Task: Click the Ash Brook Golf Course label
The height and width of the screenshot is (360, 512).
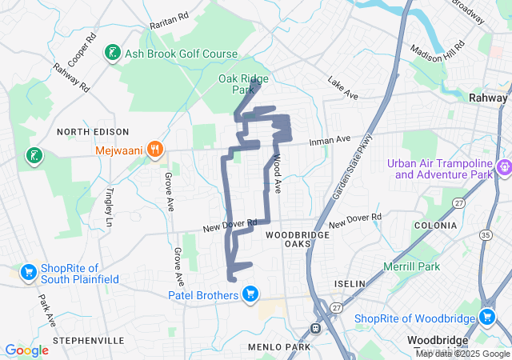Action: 181,54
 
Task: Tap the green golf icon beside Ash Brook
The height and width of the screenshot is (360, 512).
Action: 113,54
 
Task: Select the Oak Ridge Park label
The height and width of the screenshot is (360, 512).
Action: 243,84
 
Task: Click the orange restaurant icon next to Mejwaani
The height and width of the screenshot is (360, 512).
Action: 155,149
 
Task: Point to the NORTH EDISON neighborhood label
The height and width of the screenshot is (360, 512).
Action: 93,131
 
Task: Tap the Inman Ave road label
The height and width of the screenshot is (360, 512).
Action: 331,141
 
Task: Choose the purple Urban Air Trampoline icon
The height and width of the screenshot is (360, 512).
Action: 504,168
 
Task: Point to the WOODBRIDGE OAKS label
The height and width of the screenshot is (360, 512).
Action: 293,239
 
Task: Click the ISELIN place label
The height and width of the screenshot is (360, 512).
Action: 350,284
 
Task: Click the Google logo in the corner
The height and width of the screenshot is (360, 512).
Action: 26,350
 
